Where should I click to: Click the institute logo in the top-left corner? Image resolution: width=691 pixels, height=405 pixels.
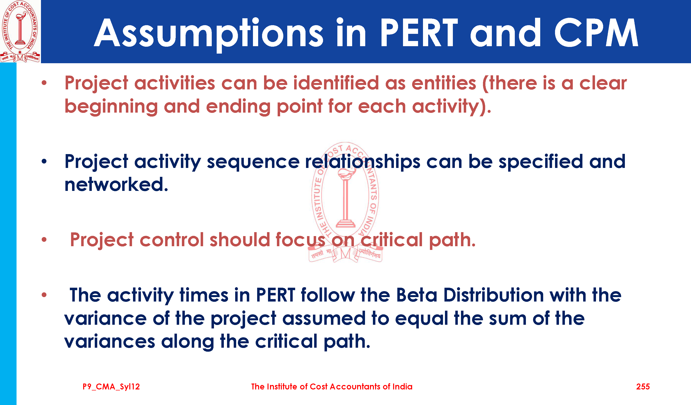pos(20,31)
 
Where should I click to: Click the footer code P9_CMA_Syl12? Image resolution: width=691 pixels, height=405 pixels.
pos(111,387)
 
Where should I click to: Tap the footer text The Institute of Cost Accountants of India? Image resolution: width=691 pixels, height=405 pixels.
pos(332,387)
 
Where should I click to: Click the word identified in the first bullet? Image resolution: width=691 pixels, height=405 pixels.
pos(336,83)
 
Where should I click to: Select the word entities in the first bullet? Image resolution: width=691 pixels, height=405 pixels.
pos(444,83)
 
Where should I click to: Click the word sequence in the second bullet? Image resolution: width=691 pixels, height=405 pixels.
pos(253,162)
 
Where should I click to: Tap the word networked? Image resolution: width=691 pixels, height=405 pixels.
pos(116,184)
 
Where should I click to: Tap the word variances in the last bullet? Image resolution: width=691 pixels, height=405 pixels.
pos(110,342)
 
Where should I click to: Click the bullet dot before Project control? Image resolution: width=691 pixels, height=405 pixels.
pos(44,240)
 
